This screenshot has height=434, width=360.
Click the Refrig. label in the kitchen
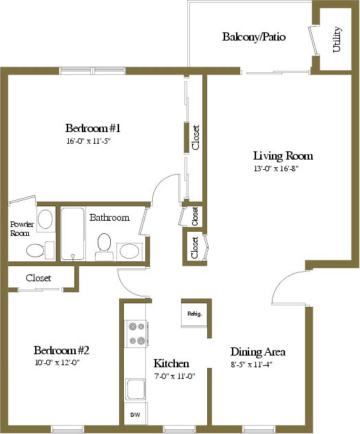[x=195, y=314]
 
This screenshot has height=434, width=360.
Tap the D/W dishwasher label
[x=135, y=415]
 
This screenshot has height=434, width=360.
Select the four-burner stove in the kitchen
[x=137, y=334]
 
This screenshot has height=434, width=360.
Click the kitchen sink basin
[x=136, y=389]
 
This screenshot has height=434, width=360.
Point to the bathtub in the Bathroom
[x=72, y=234]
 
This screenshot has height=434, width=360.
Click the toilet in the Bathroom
[x=104, y=247]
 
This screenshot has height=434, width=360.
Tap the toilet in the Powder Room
[x=41, y=250]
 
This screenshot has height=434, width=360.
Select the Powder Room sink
[x=45, y=219]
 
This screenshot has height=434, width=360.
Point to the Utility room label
[x=337, y=39]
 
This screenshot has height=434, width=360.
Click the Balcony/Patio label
[x=254, y=37]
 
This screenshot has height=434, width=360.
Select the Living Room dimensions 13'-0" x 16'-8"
[x=276, y=169]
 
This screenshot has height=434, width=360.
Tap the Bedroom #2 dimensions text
[x=57, y=362]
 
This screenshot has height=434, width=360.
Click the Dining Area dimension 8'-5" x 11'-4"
[x=252, y=365]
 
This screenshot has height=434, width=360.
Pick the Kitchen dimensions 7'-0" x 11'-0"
[x=175, y=376]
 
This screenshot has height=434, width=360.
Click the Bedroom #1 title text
[x=93, y=128]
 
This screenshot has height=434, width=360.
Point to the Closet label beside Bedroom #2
[x=39, y=278]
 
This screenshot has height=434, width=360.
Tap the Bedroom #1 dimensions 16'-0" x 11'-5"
[x=88, y=141]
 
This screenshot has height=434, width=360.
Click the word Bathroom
[x=109, y=217]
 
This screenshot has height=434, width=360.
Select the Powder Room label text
[x=22, y=228]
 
